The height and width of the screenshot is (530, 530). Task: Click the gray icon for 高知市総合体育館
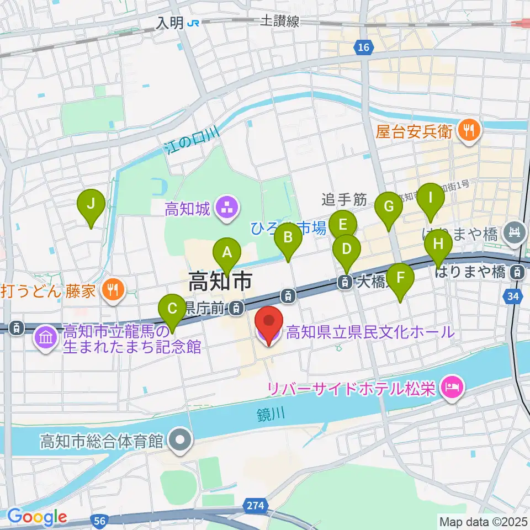[179, 441]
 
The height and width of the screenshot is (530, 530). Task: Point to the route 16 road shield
[362, 49]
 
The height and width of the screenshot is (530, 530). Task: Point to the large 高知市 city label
[220, 282]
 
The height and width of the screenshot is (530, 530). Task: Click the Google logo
[37, 517]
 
